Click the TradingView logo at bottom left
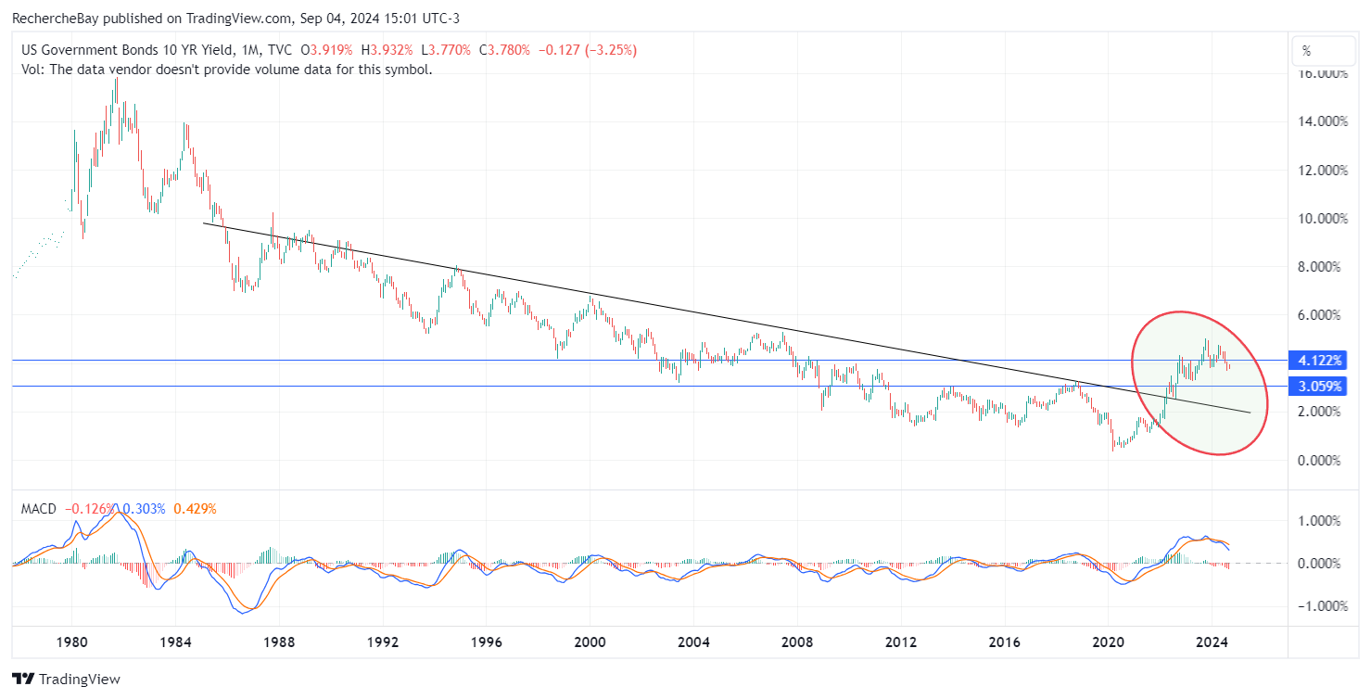pyautogui.click(x=66, y=680)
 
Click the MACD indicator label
pyautogui.click(x=38, y=509)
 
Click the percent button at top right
pyautogui.click(x=1307, y=51)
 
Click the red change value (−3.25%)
pyautogui.click(x=606, y=51)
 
